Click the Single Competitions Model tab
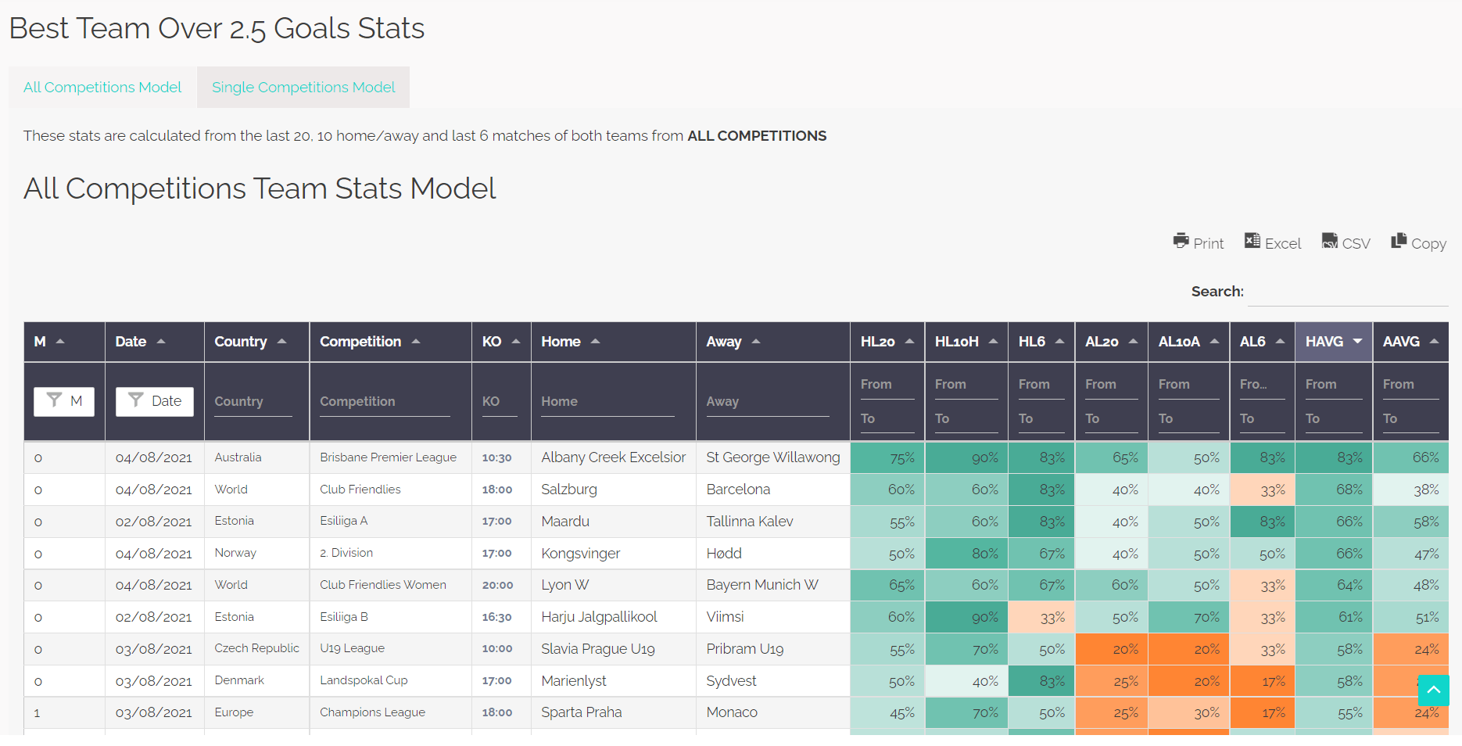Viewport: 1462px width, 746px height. coord(303,88)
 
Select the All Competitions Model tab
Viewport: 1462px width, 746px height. coord(102,88)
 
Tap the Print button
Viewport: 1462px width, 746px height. coord(1199,243)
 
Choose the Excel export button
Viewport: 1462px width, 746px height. coord(1273,243)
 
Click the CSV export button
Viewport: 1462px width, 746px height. coord(1346,243)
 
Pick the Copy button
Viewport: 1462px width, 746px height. coord(1418,243)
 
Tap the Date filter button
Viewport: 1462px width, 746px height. coord(155,401)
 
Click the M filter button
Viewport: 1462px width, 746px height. coord(64,401)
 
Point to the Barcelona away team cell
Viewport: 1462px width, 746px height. coord(738,490)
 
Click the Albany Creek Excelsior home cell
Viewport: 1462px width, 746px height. coord(613,457)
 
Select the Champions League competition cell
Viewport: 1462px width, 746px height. coord(372,712)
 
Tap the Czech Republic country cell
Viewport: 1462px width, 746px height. coord(256,648)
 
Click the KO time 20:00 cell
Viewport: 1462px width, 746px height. coord(497,585)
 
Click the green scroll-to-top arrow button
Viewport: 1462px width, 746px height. coord(1433,690)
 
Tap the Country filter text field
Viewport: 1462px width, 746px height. coord(253,402)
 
